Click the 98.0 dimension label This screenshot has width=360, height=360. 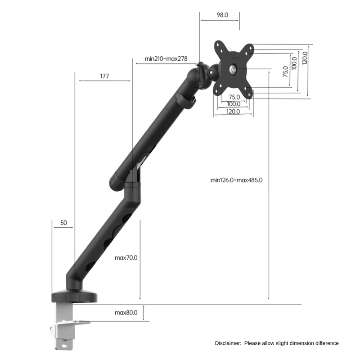pyautogui.click(x=222, y=15)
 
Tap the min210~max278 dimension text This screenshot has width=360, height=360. pyautogui.click(x=166, y=58)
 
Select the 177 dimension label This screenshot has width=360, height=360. pyautogui.click(x=104, y=76)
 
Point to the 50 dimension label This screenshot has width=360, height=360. pyautogui.click(x=63, y=223)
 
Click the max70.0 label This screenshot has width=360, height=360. pyautogui.click(x=126, y=258)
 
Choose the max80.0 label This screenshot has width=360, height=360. pyautogui.click(x=126, y=312)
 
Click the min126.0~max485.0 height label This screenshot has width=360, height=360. pyautogui.click(x=236, y=180)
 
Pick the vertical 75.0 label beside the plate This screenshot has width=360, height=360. pyautogui.click(x=285, y=72)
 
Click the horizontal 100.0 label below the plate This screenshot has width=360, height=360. pyautogui.click(x=233, y=104)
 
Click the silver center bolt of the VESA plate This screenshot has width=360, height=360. pyautogui.click(x=233, y=69)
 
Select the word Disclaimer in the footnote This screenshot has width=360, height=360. pyautogui.click(x=228, y=343)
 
